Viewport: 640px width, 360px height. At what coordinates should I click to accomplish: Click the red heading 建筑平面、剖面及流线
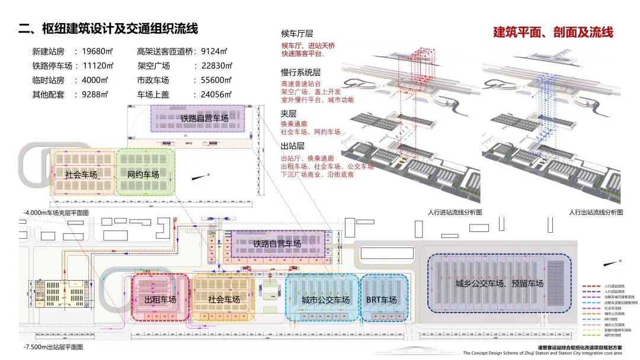point(553,32)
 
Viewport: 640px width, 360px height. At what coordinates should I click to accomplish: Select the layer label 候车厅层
point(297,34)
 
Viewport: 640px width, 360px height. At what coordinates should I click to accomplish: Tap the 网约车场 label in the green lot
point(143,175)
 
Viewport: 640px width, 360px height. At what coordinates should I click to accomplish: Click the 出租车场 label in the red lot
point(160,300)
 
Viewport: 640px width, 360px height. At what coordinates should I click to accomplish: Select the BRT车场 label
point(381,300)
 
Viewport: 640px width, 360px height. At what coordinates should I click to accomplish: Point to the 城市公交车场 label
point(325,300)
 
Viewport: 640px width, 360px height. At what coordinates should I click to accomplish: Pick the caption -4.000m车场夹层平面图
point(56,212)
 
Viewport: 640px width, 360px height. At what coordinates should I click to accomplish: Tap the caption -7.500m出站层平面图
point(52,347)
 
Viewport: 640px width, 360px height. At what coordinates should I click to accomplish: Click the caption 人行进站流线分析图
point(455,211)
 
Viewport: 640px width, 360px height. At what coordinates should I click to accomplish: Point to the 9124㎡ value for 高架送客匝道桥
point(214,52)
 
